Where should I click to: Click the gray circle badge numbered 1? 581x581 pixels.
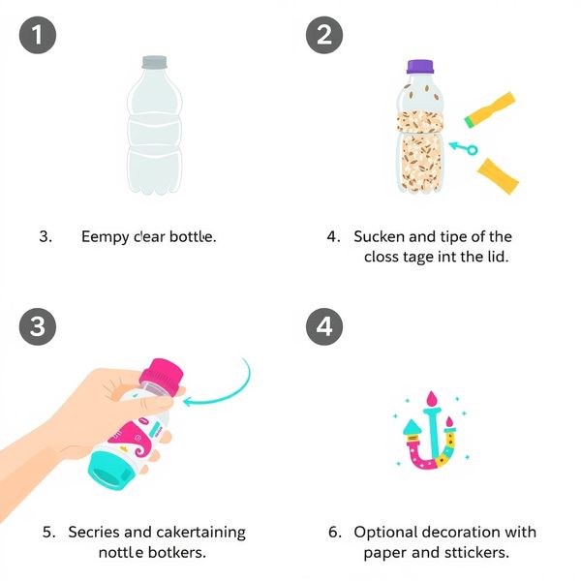pyautogui.click(x=38, y=35)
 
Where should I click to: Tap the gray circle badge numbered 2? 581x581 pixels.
pyautogui.click(x=324, y=35)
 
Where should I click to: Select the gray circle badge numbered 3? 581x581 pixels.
pyautogui.click(x=38, y=326)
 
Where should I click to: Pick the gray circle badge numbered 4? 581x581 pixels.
pyautogui.click(x=324, y=326)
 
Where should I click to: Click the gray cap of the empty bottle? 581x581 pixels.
pyautogui.click(x=154, y=62)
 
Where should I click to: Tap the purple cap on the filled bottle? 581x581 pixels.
pyautogui.click(x=420, y=67)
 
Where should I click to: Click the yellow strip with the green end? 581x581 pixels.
pyautogui.click(x=490, y=110)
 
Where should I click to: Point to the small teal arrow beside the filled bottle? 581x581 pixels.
pyautogui.click(x=463, y=148)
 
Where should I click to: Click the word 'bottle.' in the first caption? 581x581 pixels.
pyautogui.click(x=193, y=236)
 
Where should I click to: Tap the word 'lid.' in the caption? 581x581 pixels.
pyautogui.click(x=496, y=257)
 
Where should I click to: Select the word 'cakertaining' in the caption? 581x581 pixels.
pyautogui.click(x=200, y=533)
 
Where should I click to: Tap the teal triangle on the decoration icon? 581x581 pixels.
pyautogui.click(x=413, y=427)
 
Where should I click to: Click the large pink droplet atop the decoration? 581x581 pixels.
pyautogui.click(x=432, y=399)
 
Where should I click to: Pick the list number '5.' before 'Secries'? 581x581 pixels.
pyautogui.click(x=49, y=532)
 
